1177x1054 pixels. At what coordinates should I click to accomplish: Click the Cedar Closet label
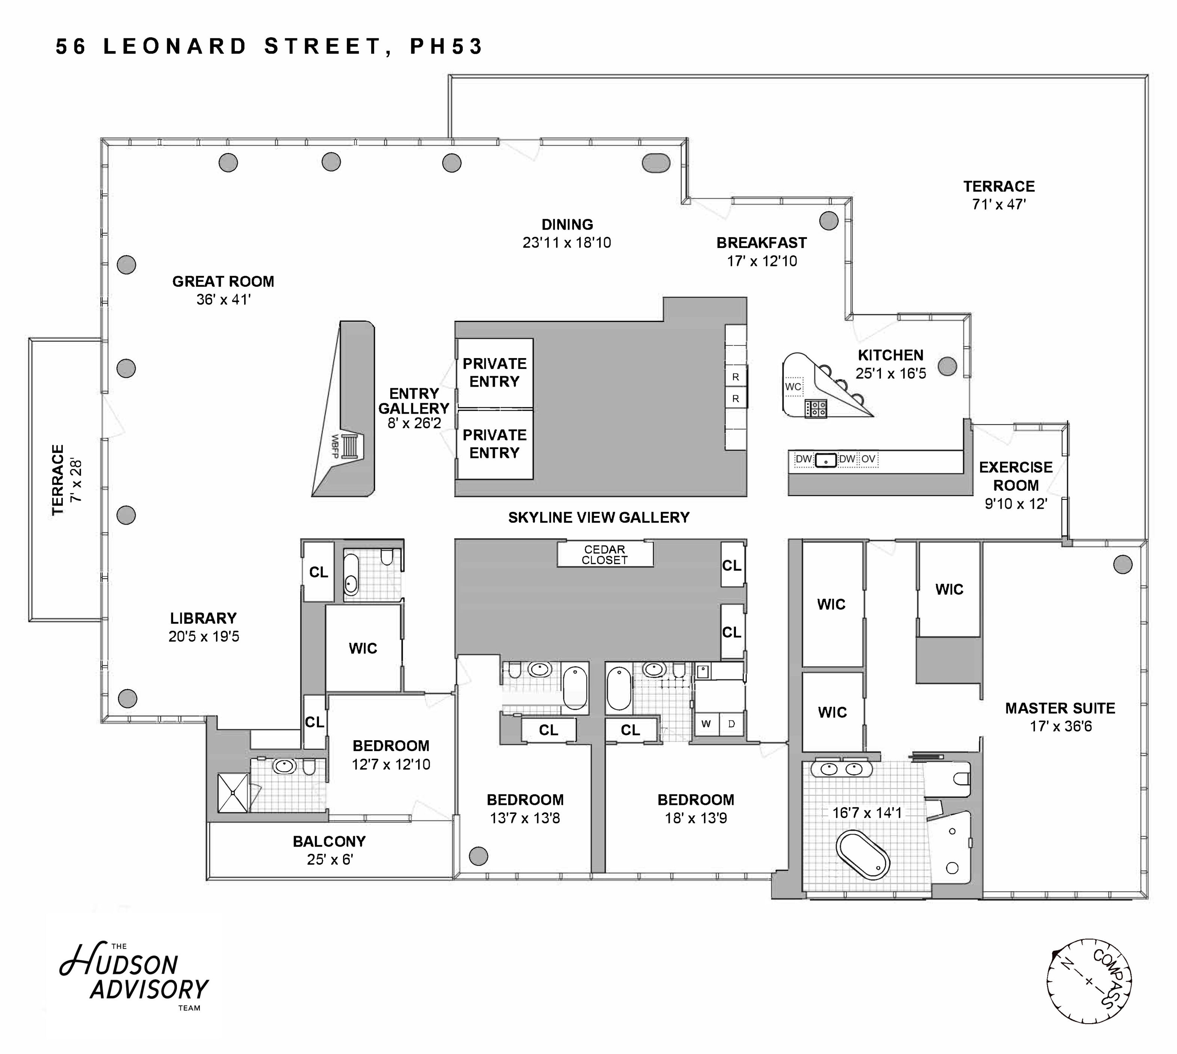tap(604, 554)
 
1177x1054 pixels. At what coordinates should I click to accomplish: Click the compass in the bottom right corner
tap(1089, 981)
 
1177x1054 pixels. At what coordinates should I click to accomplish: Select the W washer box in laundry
tap(706, 724)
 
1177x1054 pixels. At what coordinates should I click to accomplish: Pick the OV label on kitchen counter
tap(868, 459)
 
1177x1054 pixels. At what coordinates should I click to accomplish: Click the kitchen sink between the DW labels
tap(826, 460)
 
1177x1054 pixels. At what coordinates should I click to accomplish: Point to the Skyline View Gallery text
tap(598, 517)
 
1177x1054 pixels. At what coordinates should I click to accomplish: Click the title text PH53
tap(446, 46)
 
